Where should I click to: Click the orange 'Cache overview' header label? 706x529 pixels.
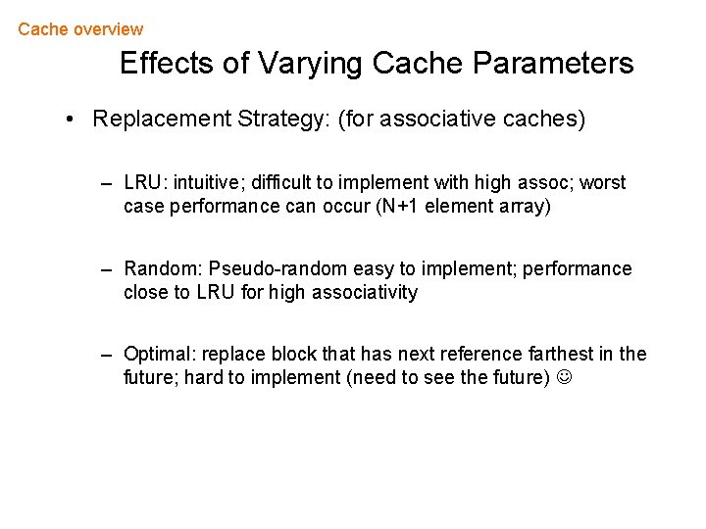pos(80,29)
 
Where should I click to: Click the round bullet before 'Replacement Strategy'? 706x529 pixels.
pos(72,120)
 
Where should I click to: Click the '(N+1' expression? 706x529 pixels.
pos(398,207)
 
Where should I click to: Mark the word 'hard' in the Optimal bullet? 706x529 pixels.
pos(204,377)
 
